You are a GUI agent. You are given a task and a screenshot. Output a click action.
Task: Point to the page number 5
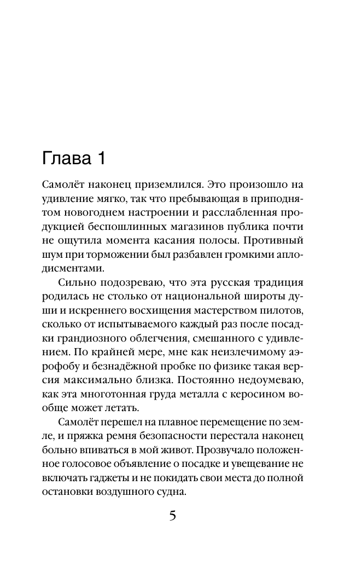point(173,516)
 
